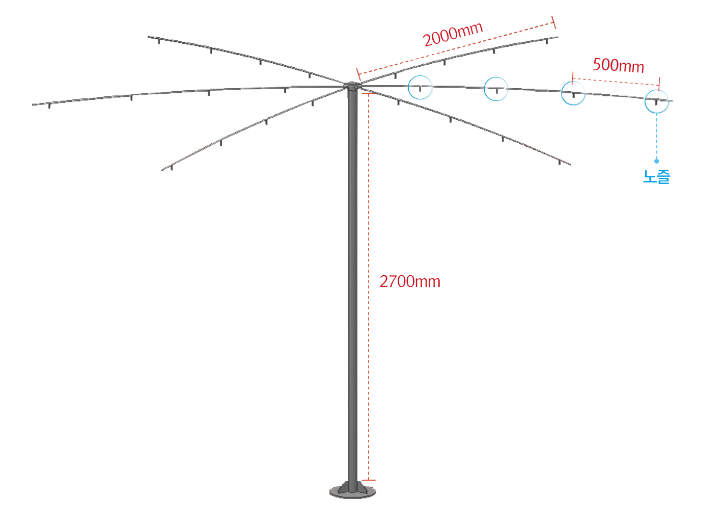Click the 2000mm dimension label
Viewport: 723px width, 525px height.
(453, 35)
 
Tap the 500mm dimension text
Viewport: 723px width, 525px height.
(618, 66)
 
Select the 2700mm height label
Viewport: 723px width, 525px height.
(409, 281)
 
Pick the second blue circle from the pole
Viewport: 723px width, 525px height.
(495, 90)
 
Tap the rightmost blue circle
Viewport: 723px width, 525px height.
(657, 101)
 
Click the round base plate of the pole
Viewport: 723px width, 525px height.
(353, 492)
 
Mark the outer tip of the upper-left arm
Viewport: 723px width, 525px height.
(150, 37)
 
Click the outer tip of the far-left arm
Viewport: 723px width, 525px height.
(34, 105)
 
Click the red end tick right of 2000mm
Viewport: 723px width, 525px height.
(554, 23)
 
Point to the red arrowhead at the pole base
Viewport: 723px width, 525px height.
(371, 480)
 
